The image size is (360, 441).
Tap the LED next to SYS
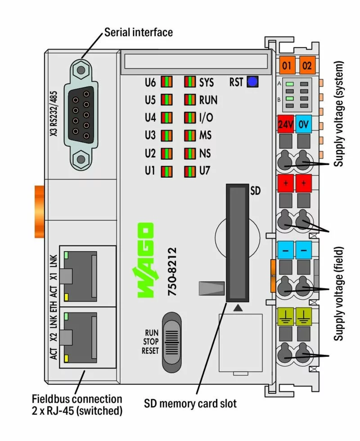pos(190,82)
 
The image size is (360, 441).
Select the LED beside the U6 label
pos(166,82)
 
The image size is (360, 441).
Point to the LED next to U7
pos(190,171)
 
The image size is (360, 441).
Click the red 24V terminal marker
pos(286,125)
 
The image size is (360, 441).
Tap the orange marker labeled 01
pos(287,66)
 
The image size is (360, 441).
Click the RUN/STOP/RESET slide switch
pos(171,342)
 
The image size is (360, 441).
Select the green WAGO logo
pos(145,261)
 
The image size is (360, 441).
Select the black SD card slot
pos(236,243)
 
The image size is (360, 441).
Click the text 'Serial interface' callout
pos(138,32)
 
